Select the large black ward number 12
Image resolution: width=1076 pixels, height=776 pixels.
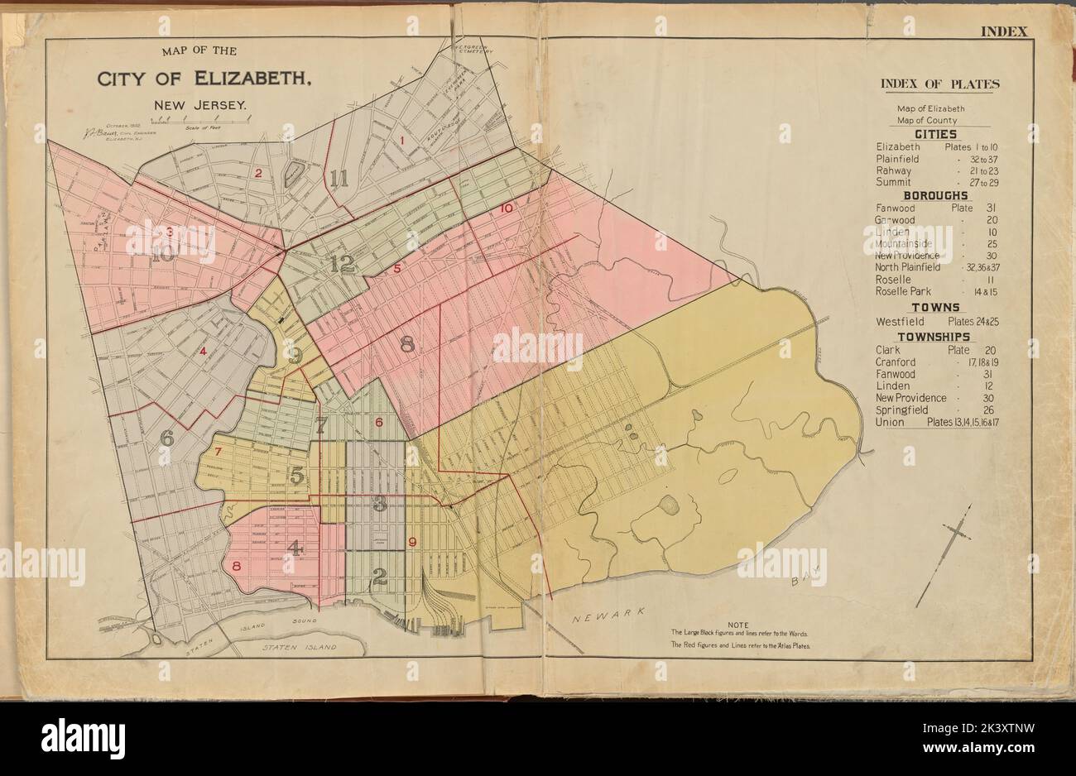341,264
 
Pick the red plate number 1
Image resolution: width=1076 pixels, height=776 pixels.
402,140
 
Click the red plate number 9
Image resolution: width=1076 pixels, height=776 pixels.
412,543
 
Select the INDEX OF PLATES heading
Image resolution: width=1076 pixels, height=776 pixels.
939,84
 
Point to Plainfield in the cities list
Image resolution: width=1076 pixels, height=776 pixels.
898,158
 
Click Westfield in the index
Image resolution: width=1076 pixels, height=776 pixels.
900,321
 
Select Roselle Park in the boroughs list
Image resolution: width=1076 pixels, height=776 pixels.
903,291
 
